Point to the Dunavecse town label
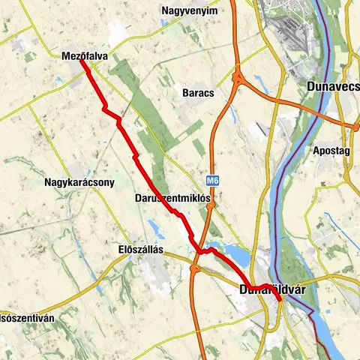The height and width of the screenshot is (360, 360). [x=334, y=86]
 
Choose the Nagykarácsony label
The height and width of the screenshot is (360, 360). [x=79, y=181]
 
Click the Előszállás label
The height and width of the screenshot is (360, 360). [x=141, y=248]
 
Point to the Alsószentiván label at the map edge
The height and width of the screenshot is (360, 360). [x=27, y=317]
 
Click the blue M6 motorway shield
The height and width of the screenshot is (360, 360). [x=214, y=181]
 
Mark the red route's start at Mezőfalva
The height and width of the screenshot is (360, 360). [x=81, y=61]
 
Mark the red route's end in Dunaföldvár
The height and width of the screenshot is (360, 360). [x=279, y=299]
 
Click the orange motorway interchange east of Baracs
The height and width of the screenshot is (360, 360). [x=238, y=76]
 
